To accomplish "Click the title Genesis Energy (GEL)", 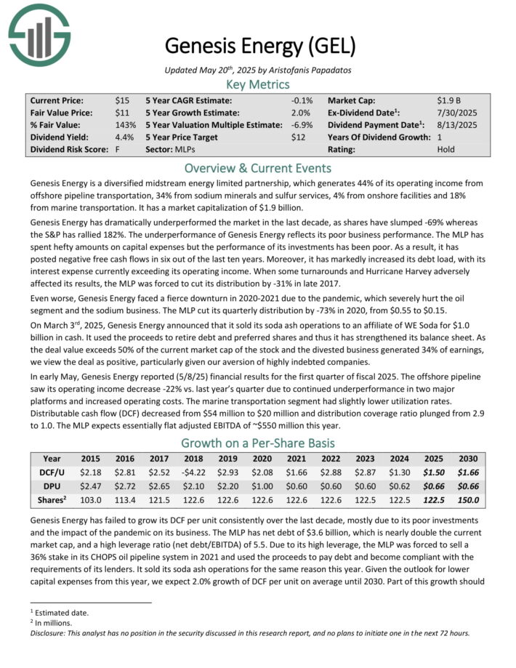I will [x=260, y=46].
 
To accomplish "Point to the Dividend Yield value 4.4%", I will [x=124, y=137].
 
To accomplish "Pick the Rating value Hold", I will [x=446, y=149].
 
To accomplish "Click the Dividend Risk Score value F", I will [x=117, y=149].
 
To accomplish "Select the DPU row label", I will [x=52, y=486].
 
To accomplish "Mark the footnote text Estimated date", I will [x=60, y=612].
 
